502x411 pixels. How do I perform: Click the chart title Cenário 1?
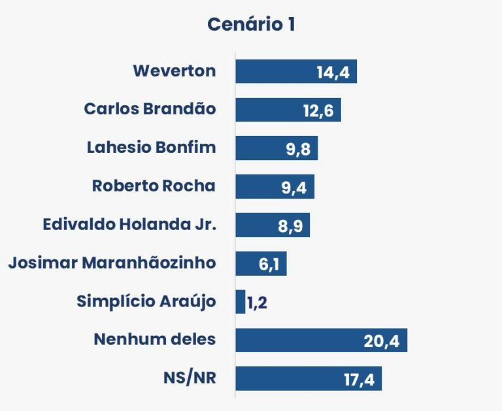click(x=251, y=25)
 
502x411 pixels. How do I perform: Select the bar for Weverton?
click(x=275, y=71)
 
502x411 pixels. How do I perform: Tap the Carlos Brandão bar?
click(x=268, y=110)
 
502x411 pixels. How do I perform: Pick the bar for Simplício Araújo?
click(x=240, y=302)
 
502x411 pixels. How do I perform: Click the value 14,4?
click(x=333, y=72)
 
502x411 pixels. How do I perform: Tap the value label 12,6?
click(x=318, y=110)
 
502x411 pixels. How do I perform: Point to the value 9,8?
click(x=297, y=149)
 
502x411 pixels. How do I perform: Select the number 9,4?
click(x=294, y=188)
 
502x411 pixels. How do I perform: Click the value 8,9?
click(x=290, y=226)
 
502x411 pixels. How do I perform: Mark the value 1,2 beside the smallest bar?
click(x=258, y=303)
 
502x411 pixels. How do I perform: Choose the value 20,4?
click(x=382, y=341)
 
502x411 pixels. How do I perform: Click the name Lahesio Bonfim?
click(x=151, y=148)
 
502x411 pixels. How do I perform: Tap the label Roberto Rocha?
click(x=154, y=186)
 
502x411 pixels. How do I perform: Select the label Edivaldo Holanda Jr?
click(x=129, y=225)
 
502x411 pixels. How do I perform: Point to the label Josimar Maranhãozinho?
click(x=112, y=263)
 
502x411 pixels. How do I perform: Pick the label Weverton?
click(x=174, y=71)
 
